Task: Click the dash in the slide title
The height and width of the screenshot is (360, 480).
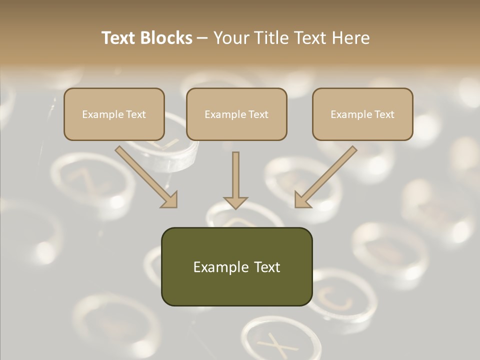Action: click(x=203, y=38)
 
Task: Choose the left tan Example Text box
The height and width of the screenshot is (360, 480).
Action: click(x=114, y=114)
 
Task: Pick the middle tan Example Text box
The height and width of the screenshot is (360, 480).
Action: click(x=236, y=114)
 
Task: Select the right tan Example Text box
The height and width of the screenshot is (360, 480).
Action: click(x=362, y=114)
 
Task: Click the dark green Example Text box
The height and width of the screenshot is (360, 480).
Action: click(x=236, y=266)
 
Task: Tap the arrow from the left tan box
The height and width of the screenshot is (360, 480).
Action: click(x=145, y=175)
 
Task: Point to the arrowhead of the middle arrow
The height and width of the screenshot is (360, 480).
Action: click(x=235, y=201)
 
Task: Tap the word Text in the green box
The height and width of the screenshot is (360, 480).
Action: click(x=267, y=267)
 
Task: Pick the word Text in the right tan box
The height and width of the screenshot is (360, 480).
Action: click(x=384, y=114)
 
